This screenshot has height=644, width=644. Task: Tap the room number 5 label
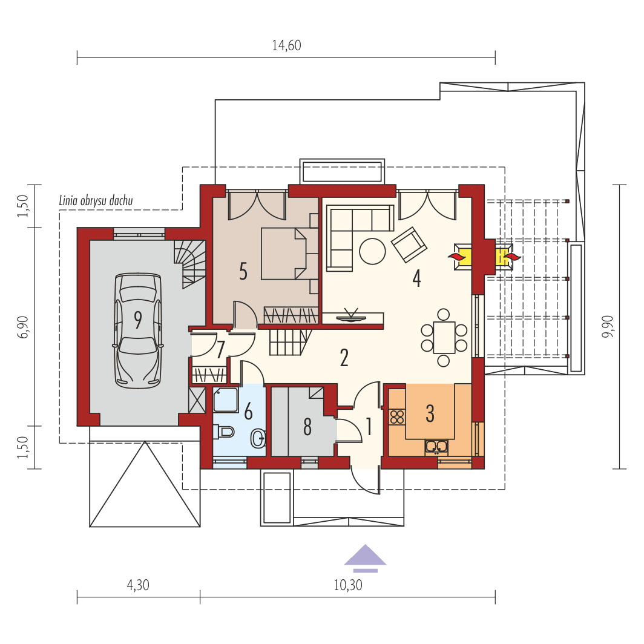(243, 271)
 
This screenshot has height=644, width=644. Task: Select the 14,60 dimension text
(286, 46)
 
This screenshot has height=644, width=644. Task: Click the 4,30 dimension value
(138, 585)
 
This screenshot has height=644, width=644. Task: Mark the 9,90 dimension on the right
(608, 327)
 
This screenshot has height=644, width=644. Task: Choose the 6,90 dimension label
(24, 327)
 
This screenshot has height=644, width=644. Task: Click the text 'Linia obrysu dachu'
(96, 201)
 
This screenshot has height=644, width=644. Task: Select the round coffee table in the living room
(372, 251)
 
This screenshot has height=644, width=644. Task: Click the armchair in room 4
(409, 245)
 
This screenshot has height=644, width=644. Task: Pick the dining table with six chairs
(444, 338)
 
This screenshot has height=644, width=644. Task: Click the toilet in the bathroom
(225, 432)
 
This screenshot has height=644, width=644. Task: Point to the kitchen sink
(436, 447)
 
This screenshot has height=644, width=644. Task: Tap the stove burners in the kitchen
(397, 417)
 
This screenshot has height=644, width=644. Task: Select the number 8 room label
(307, 427)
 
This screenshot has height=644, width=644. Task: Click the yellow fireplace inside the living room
(464, 257)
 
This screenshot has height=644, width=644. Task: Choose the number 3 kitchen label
(430, 413)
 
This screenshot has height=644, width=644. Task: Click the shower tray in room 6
(226, 400)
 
